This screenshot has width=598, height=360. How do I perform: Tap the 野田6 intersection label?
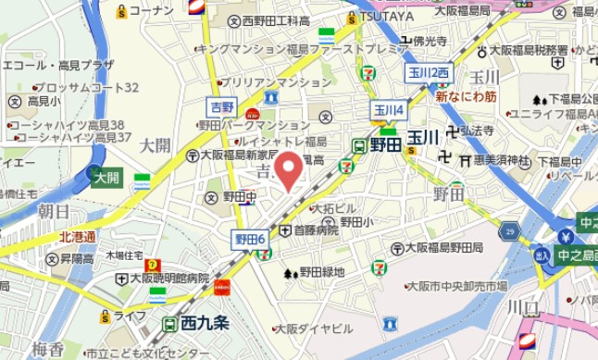(x=248, y=240)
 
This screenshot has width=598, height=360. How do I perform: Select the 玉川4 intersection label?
(x=389, y=109)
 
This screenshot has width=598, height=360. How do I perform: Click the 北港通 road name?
(x=77, y=237)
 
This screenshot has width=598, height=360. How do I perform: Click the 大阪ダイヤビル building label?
(x=314, y=328)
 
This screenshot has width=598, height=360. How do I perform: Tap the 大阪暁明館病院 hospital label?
(x=168, y=278)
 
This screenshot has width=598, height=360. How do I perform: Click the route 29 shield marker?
(x=508, y=230)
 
